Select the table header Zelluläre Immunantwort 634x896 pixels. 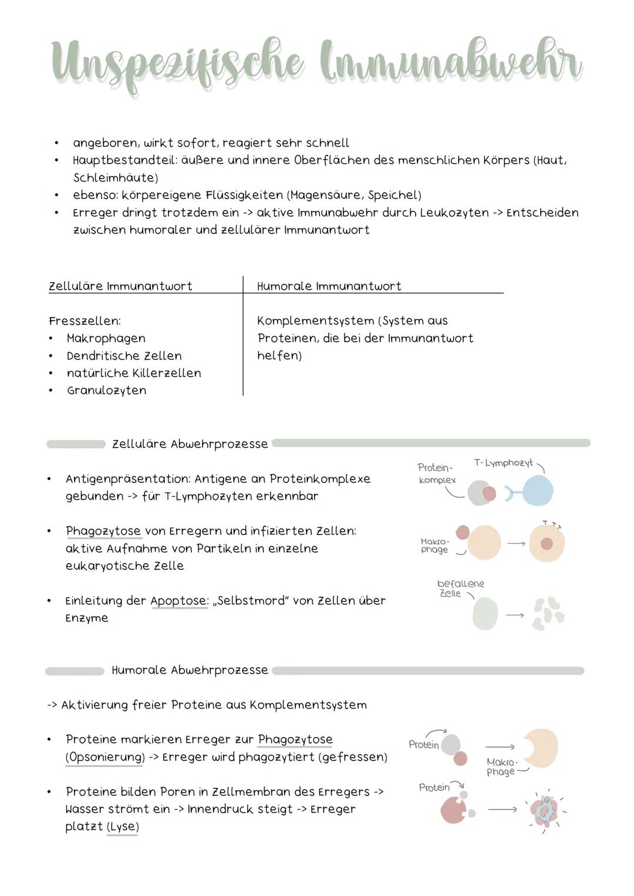click(120, 286)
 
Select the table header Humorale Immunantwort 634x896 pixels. click(329, 286)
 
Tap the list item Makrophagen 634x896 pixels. click(106, 339)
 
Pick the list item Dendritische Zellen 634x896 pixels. click(124, 356)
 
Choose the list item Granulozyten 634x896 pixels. click(106, 391)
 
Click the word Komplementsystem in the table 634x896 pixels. click(315, 321)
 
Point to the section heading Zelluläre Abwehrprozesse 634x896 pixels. click(190, 444)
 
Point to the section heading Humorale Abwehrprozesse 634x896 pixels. click(190, 670)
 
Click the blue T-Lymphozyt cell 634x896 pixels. click(537, 491)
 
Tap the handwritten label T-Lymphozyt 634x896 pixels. click(503, 464)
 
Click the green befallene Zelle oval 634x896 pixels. click(485, 614)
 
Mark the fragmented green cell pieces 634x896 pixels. click(548, 613)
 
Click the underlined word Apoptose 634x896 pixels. click(178, 601)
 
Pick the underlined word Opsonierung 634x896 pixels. click(105, 757)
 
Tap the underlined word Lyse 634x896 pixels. click(122, 827)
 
